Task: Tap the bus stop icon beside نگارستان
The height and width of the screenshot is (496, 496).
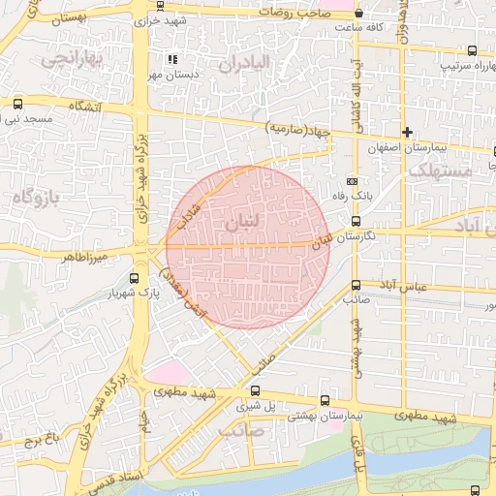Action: click(x=356, y=222)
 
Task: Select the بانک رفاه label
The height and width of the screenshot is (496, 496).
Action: click(x=367, y=196)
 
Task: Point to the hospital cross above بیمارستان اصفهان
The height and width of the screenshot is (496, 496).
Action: click(x=408, y=132)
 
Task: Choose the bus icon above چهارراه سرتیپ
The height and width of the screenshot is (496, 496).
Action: click(x=472, y=51)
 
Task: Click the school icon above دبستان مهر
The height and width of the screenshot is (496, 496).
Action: click(x=172, y=58)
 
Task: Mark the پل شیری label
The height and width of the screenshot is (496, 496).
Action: click(x=243, y=408)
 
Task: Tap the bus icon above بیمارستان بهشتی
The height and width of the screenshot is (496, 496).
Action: click(x=324, y=399)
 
